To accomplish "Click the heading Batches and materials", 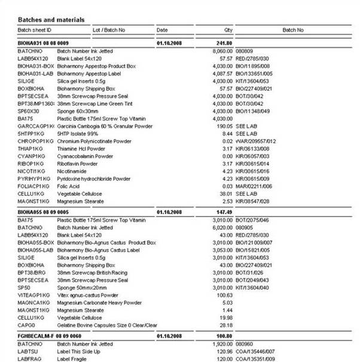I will tap(51, 20).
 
